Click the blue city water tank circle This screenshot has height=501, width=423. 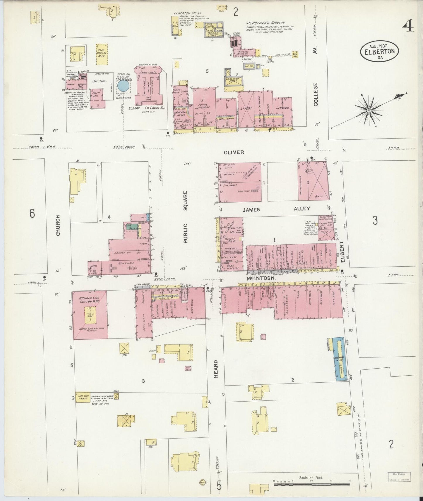[x=122, y=86]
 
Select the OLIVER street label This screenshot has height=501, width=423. [x=234, y=152]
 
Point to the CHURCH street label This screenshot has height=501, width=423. [x=58, y=225]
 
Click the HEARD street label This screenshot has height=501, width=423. [x=216, y=369]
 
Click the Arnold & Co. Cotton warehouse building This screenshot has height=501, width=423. [x=90, y=315]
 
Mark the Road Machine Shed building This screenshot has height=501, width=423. [x=102, y=54]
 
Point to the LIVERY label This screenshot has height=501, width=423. [x=246, y=108]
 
